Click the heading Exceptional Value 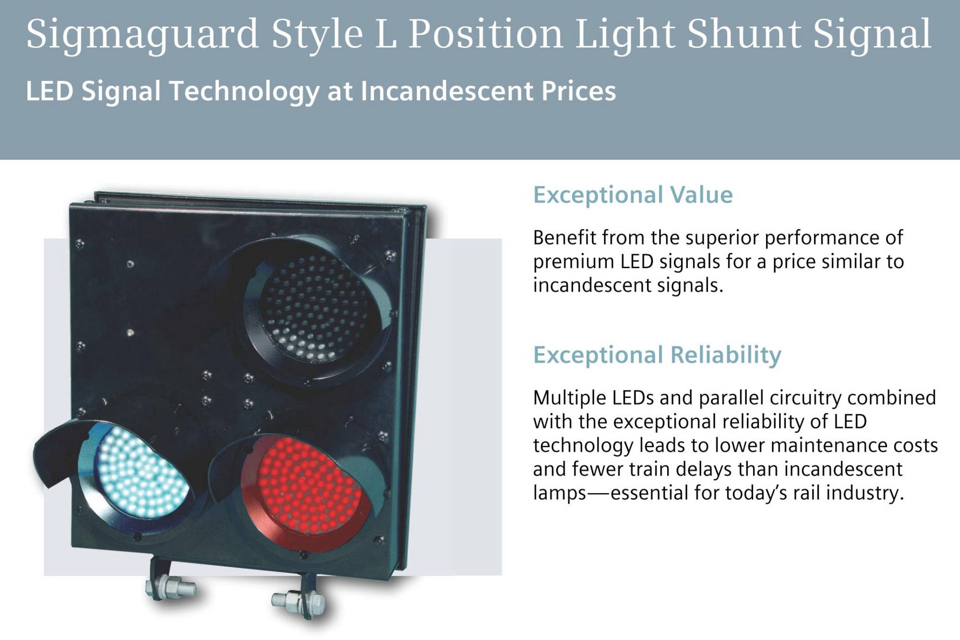[x=633, y=195]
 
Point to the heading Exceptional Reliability [x=657, y=356]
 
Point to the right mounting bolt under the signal [x=297, y=600]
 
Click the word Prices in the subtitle [x=578, y=91]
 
